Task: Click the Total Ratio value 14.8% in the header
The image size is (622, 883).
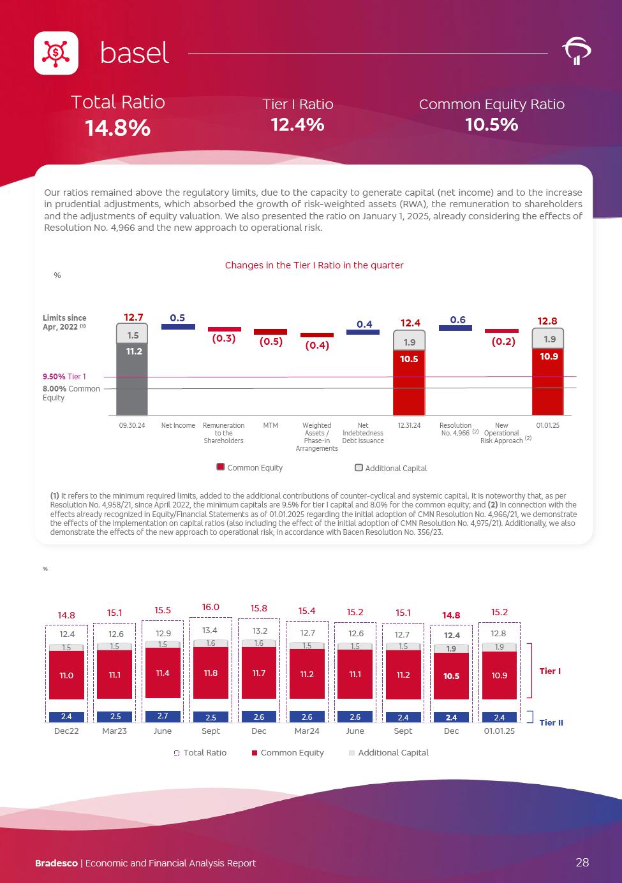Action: click(118, 128)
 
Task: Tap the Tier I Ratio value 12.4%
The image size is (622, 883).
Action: click(297, 124)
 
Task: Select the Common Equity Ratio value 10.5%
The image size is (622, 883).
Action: click(491, 124)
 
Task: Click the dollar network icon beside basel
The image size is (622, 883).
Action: click(56, 53)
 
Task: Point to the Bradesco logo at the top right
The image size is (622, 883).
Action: click(576, 52)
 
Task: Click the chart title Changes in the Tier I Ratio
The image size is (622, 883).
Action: click(314, 265)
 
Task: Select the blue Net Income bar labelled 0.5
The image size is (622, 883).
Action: click(178, 326)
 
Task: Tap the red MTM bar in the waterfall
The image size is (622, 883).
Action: click(270, 332)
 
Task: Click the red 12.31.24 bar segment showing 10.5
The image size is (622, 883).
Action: click(409, 383)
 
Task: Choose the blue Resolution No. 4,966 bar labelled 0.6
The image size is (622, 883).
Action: click(455, 328)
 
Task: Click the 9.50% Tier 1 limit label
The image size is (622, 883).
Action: click(64, 377)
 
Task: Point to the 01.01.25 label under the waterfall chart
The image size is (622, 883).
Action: click(547, 425)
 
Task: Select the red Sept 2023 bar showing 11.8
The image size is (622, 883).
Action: click(211, 673)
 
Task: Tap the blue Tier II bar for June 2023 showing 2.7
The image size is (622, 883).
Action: click(163, 716)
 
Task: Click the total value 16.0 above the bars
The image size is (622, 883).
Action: click(211, 607)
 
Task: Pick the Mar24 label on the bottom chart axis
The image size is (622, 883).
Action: click(307, 731)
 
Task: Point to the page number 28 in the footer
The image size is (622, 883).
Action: click(582, 863)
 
